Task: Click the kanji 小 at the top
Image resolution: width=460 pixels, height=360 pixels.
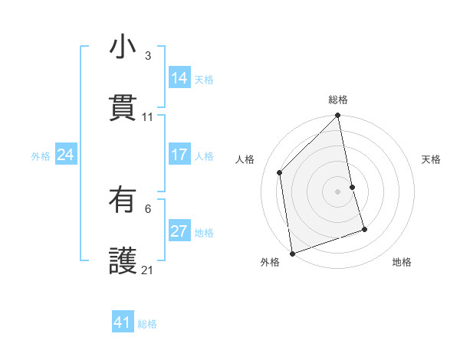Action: coord(123,48)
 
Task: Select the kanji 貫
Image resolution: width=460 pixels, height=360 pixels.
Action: coord(123,108)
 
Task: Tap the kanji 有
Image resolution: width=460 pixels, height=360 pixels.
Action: coord(123,201)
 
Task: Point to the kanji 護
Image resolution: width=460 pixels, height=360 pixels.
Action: coord(123,261)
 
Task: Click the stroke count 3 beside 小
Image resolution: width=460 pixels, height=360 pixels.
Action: coord(148,56)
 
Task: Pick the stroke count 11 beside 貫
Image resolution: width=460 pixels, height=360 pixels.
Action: coord(148,116)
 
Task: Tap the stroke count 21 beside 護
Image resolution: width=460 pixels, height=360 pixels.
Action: coord(148,270)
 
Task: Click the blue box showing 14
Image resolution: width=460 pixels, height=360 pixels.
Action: coord(179,79)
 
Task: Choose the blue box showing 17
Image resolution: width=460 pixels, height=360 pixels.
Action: coord(179,155)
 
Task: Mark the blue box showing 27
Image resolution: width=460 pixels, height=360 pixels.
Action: coord(179,232)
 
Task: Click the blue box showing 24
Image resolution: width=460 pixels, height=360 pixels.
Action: coord(66,155)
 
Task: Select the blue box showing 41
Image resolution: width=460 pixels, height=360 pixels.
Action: coord(123,323)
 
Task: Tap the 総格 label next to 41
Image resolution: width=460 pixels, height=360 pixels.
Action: coord(147,324)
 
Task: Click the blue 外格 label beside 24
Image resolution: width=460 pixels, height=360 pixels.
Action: coord(41,156)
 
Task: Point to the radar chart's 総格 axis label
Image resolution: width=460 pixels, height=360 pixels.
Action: coord(338,100)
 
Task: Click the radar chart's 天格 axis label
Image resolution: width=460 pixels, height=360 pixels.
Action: coord(432,159)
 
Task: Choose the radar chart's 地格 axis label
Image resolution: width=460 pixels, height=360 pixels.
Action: coord(402,262)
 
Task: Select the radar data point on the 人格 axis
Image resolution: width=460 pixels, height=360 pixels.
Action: coord(280,172)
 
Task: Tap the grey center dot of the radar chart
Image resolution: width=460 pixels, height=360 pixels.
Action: coord(338,191)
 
